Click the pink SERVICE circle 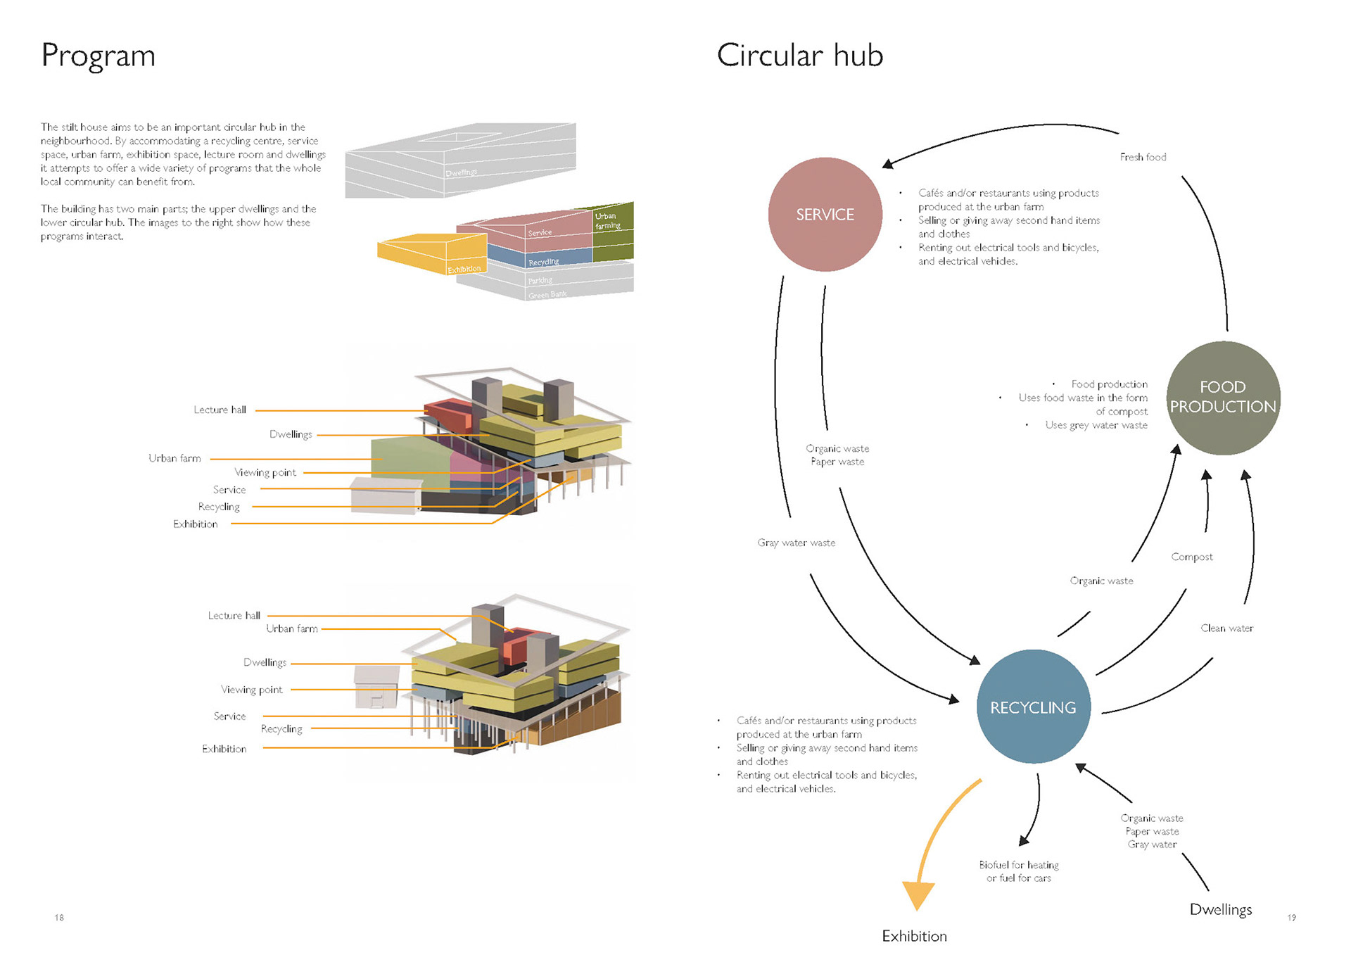point(825,215)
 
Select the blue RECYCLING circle point(1033,707)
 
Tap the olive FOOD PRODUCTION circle point(1223,398)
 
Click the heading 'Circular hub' point(799,56)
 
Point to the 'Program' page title point(98,56)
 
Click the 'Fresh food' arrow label point(1143,157)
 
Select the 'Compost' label point(1191,557)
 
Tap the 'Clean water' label point(1226,628)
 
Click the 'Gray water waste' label point(796,543)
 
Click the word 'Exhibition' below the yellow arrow point(914,936)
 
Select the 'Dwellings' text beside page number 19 point(1220,909)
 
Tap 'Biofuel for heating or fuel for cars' point(1018,871)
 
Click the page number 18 point(59,917)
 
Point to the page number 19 point(1291,917)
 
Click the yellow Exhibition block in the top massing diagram point(431,254)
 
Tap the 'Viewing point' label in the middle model point(265,472)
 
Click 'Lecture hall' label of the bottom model point(234,616)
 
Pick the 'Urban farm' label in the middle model point(175,458)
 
